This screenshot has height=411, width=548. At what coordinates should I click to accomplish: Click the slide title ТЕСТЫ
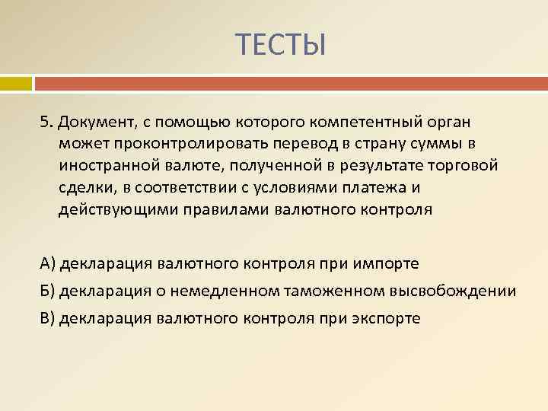(280, 46)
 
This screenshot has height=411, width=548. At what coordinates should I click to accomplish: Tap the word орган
(451, 123)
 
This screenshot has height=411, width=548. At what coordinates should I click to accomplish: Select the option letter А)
(49, 263)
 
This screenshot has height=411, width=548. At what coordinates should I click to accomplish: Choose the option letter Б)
(49, 291)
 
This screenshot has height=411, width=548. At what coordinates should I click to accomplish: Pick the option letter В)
(49, 318)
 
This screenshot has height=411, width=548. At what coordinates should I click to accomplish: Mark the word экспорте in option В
(386, 318)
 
